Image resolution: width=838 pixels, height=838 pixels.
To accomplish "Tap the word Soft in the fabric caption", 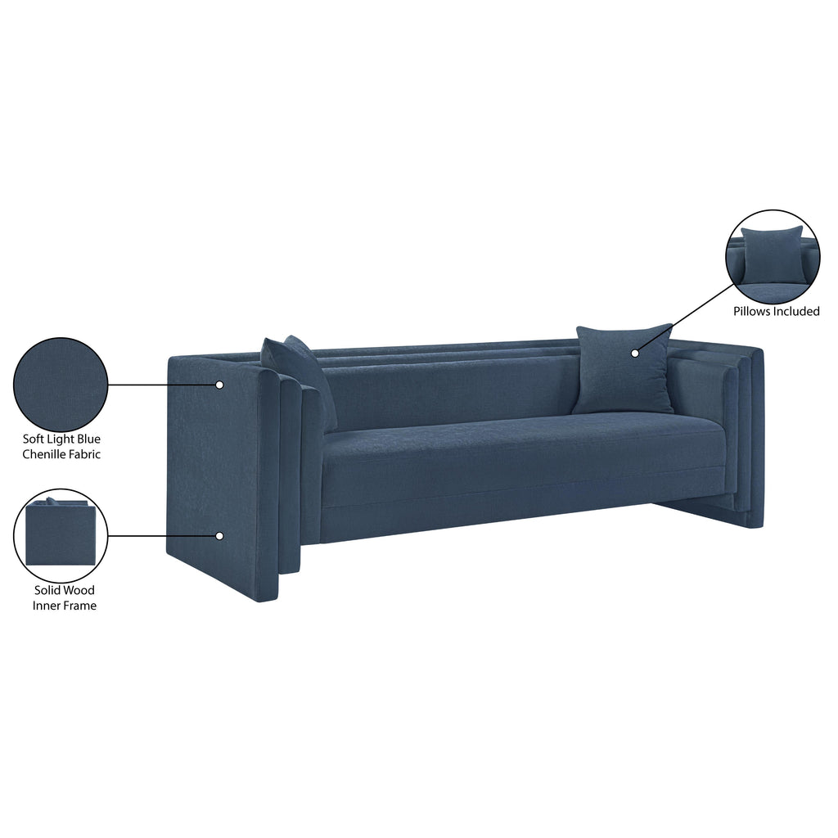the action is pyautogui.click(x=32, y=439).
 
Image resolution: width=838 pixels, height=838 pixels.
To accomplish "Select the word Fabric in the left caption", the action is pyautogui.click(x=85, y=454).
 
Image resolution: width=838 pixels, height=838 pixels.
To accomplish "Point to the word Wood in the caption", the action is pyautogui.click(x=80, y=590).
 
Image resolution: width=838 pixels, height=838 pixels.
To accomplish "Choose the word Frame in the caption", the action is pyautogui.click(x=80, y=606).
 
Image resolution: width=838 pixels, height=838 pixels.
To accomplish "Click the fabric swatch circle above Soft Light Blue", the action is pyautogui.click(x=61, y=385).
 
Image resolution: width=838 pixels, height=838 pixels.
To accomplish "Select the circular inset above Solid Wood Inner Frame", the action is pyautogui.click(x=61, y=536).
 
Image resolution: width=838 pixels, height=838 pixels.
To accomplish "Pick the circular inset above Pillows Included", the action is pyautogui.click(x=773, y=256).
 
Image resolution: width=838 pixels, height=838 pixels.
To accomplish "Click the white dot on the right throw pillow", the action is pyautogui.click(x=635, y=354).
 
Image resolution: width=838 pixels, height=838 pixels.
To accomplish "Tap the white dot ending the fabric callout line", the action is pyautogui.click(x=219, y=385).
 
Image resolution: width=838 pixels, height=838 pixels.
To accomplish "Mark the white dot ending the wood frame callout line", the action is pyautogui.click(x=219, y=536).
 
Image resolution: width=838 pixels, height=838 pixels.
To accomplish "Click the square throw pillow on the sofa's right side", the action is pyautogui.click(x=624, y=368).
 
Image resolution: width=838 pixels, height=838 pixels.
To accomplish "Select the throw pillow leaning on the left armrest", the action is pyautogui.click(x=300, y=381).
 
